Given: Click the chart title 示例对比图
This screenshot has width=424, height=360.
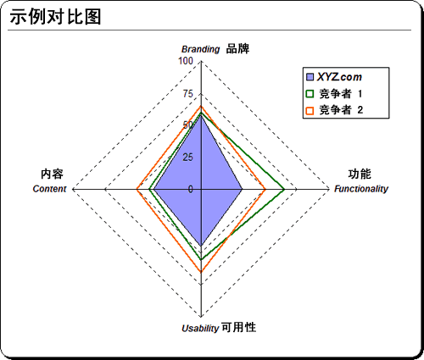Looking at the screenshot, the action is pyautogui.click(x=55, y=17).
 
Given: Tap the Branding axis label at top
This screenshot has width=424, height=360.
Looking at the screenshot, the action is pyautogui.click(x=200, y=49).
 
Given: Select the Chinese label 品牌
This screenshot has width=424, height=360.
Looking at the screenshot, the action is pyautogui.click(x=237, y=49).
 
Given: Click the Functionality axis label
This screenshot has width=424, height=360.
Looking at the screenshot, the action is pyautogui.click(x=361, y=189).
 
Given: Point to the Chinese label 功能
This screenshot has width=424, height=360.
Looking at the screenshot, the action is pyautogui.click(x=360, y=174).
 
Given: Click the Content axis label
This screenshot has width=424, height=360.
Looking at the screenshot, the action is pyautogui.click(x=49, y=189).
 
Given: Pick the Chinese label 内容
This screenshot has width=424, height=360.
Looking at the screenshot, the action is pyautogui.click(x=52, y=174).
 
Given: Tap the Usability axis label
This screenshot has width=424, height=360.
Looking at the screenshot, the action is pyautogui.click(x=200, y=329).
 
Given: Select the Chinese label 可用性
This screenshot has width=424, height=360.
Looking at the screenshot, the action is pyautogui.click(x=239, y=328).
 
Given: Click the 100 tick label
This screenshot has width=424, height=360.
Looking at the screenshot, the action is pyautogui.click(x=186, y=61).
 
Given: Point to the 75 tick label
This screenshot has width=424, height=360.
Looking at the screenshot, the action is pyautogui.click(x=188, y=93).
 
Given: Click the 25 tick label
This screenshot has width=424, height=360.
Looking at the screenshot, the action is pyautogui.click(x=188, y=158).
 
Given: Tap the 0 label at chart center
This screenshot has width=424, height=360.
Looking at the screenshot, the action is pyautogui.click(x=191, y=189).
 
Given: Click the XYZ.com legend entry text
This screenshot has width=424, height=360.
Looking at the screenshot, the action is pyautogui.click(x=339, y=77).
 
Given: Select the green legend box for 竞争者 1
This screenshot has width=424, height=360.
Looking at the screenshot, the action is pyautogui.click(x=310, y=94).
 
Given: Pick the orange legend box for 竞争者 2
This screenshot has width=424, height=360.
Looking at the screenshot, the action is pyautogui.click(x=310, y=110).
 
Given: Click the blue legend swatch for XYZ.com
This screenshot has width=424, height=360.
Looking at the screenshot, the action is pyautogui.click(x=310, y=77).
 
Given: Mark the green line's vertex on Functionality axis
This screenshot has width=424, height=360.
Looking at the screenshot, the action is pyautogui.click(x=284, y=189).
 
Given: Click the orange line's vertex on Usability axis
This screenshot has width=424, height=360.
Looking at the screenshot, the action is pyautogui.click(x=201, y=272).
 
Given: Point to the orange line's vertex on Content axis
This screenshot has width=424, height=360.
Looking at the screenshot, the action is pyautogui.click(x=137, y=189).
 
